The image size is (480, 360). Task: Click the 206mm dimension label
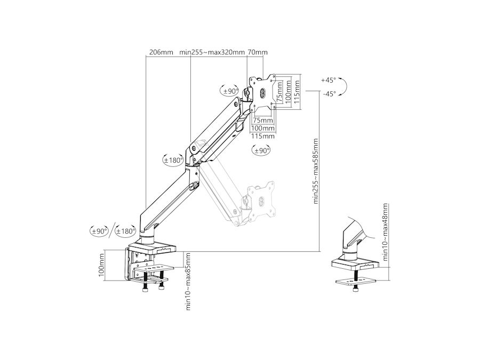pyautogui.click(x=161, y=52)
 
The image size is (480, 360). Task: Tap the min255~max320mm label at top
pyautogui.click(x=212, y=52)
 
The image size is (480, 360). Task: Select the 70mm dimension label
pyautogui.click(x=258, y=52)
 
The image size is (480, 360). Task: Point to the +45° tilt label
pyautogui.click(x=329, y=80)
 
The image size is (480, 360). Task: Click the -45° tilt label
pyautogui.click(x=330, y=94)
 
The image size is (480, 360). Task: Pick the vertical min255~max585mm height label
pyautogui.click(x=316, y=171)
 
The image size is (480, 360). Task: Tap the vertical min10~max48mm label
pyautogui.click(x=386, y=232)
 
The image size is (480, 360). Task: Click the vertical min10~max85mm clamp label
pyautogui.click(x=188, y=281)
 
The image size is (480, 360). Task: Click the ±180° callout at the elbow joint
pyautogui.click(x=173, y=160)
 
